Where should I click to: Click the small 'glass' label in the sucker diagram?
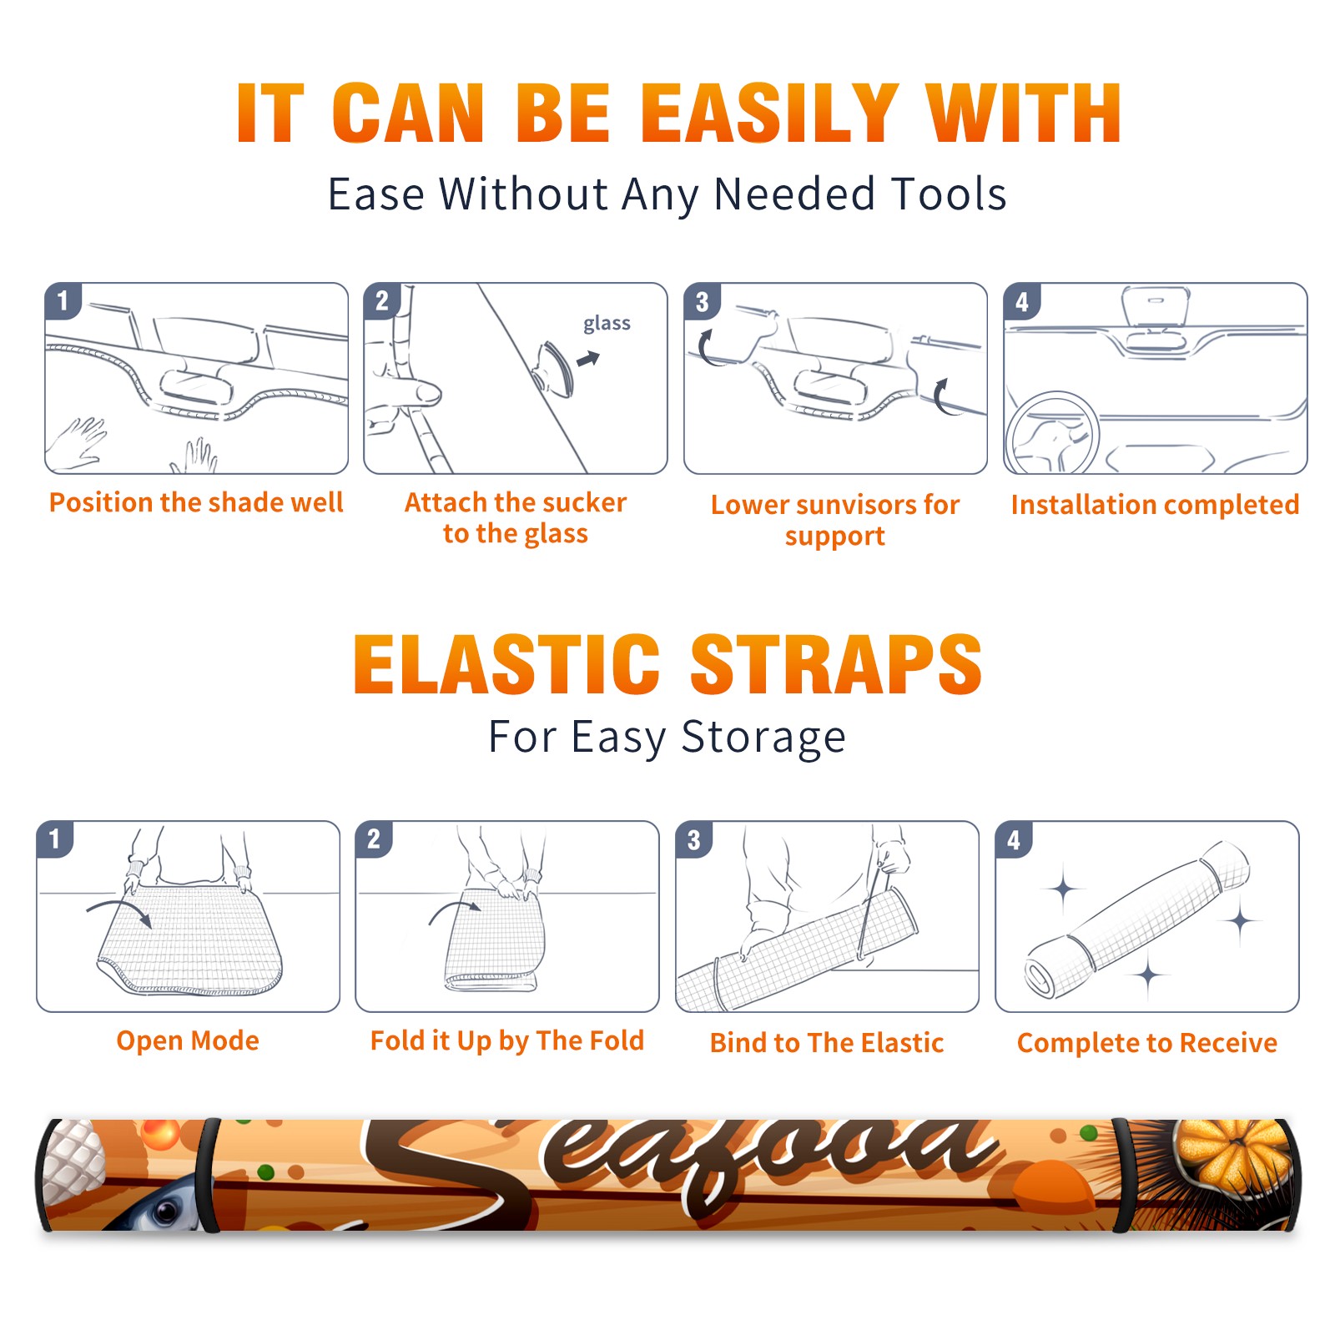607,324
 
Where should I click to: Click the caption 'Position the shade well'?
196,502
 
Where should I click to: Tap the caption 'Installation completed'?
1155,505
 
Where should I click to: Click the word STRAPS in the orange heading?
837,664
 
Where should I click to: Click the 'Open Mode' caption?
188,1040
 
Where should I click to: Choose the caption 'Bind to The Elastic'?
827,1043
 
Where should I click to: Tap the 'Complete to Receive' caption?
1147,1043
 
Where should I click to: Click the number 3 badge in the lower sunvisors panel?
703,302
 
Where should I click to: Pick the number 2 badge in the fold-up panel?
374,839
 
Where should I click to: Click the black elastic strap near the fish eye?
209,1175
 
